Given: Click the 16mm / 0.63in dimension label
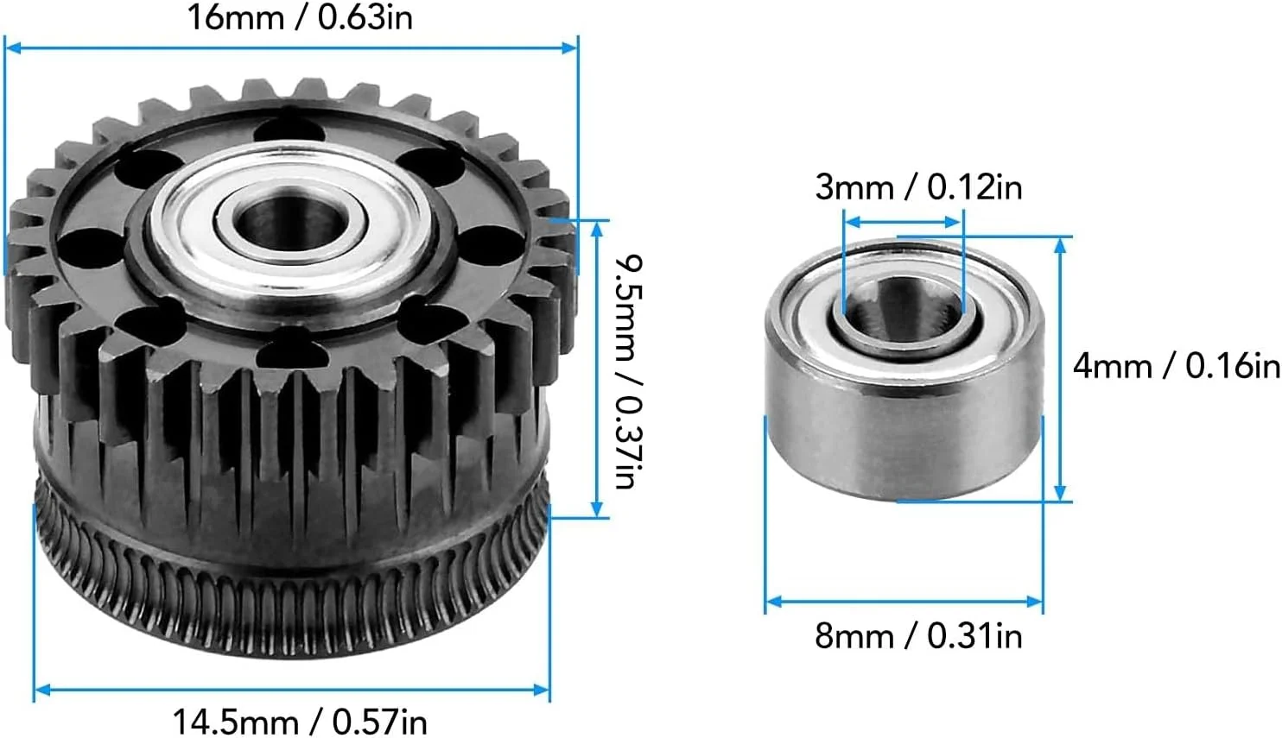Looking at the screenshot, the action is click(299, 18).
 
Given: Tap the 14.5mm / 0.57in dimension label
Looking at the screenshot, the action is click(300, 722).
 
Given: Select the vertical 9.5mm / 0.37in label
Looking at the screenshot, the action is click(629, 371).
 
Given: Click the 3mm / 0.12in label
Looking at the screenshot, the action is click(918, 187).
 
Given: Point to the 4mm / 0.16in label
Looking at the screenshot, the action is click(1176, 366).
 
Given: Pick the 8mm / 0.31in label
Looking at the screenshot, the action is click(918, 635).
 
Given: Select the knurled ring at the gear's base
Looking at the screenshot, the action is click(292, 589).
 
